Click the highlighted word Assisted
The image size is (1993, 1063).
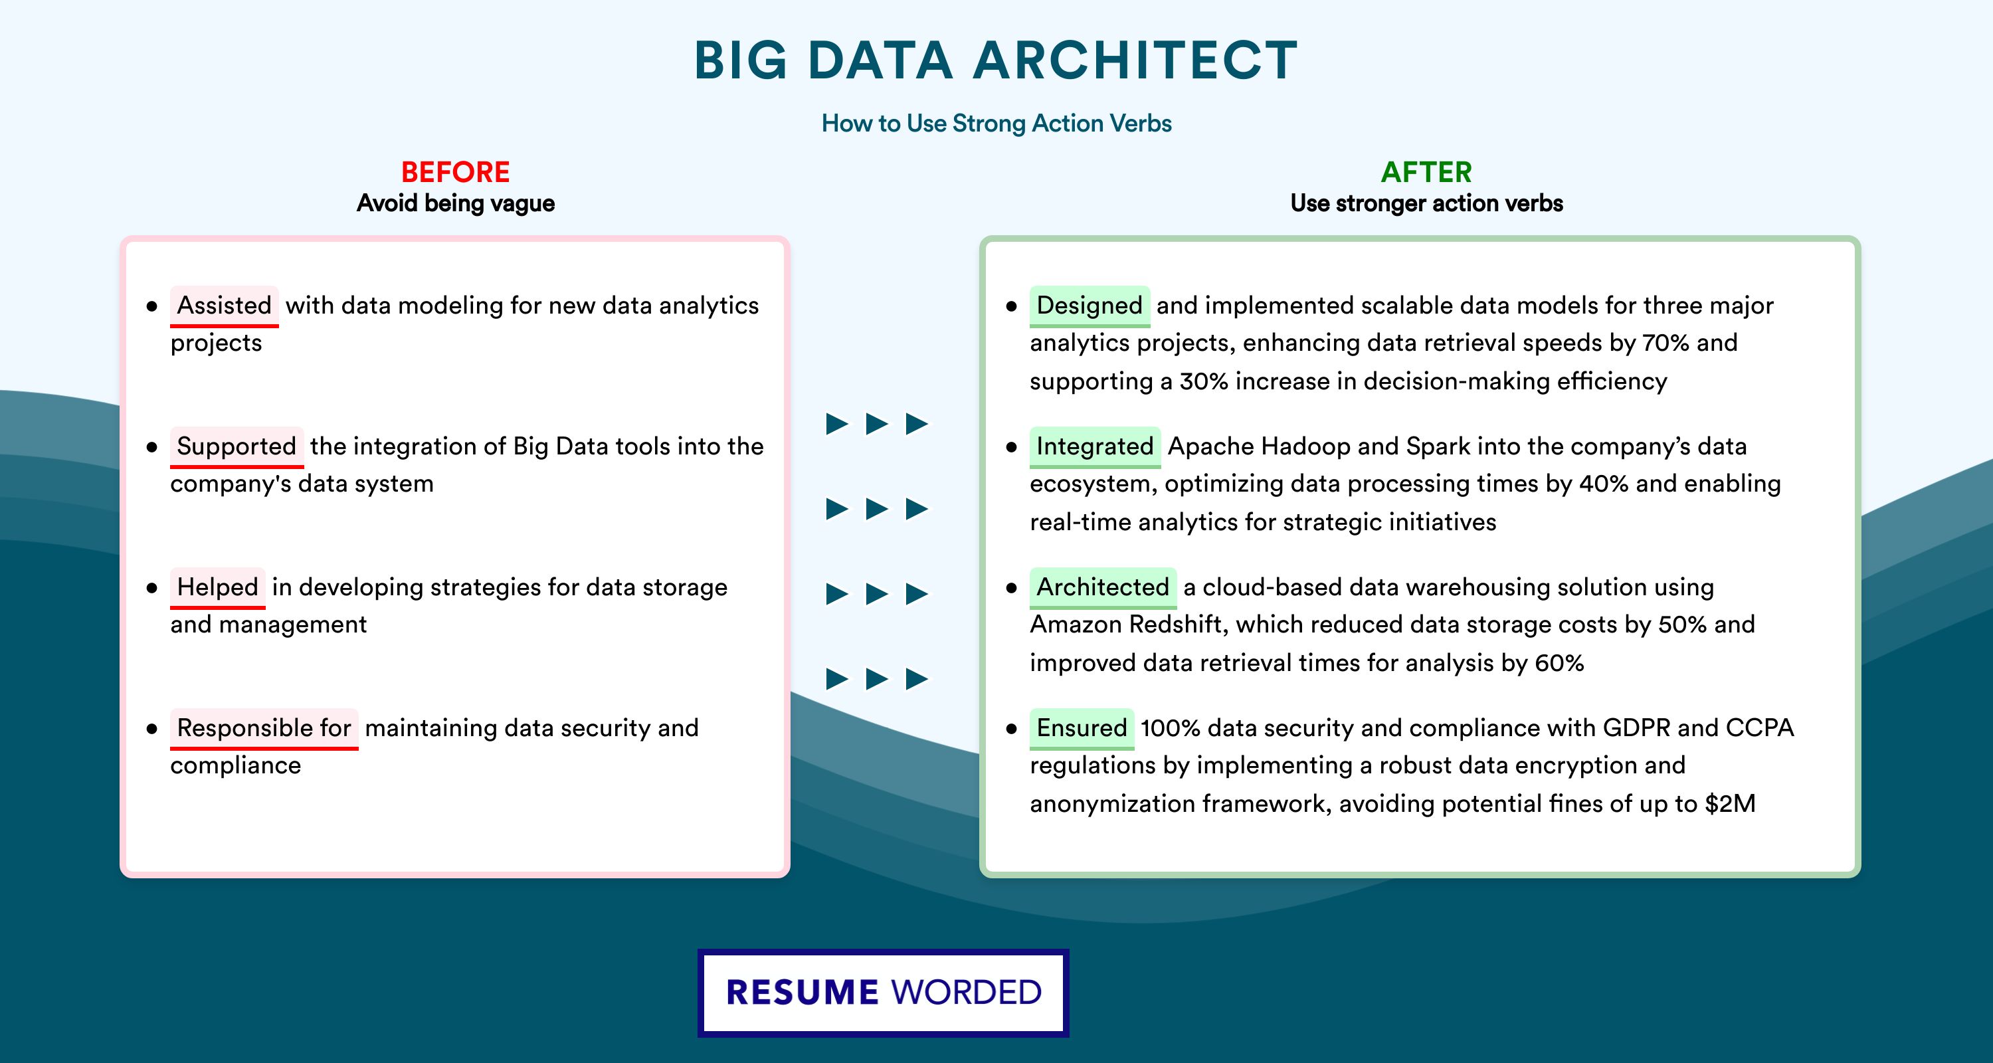pyautogui.click(x=225, y=306)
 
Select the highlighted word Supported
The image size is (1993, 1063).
pyautogui.click(x=237, y=446)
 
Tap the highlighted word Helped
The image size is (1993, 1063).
pyautogui.click(x=217, y=587)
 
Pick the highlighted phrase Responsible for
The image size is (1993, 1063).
pyautogui.click(x=264, y=728)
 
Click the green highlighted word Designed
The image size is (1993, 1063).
pyautogui.click(x=1090, y=306)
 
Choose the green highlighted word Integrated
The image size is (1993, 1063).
pyautogui.click(x=1095, y=446)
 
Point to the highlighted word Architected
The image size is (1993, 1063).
pyautogui.click(x=1103, y=587)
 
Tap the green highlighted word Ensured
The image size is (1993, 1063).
pyautogui.click(x=1082, y=728)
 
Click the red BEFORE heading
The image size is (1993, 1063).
pyautogui.click(x=456, y=172)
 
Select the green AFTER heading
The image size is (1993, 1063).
pyautogui.click(x=1427, y=172)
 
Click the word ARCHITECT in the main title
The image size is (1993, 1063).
pyautogui.click(x=1136, y=60)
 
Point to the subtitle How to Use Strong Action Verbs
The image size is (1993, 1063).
pyautogui.click(x=996, y=123)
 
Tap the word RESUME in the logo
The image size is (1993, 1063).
pyautogui.click(x=803, y=993)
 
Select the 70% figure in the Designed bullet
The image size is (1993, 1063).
pyautogui.click(x=1665, y=343)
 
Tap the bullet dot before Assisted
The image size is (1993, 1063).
pyautogui.click(x=151, y=306)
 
